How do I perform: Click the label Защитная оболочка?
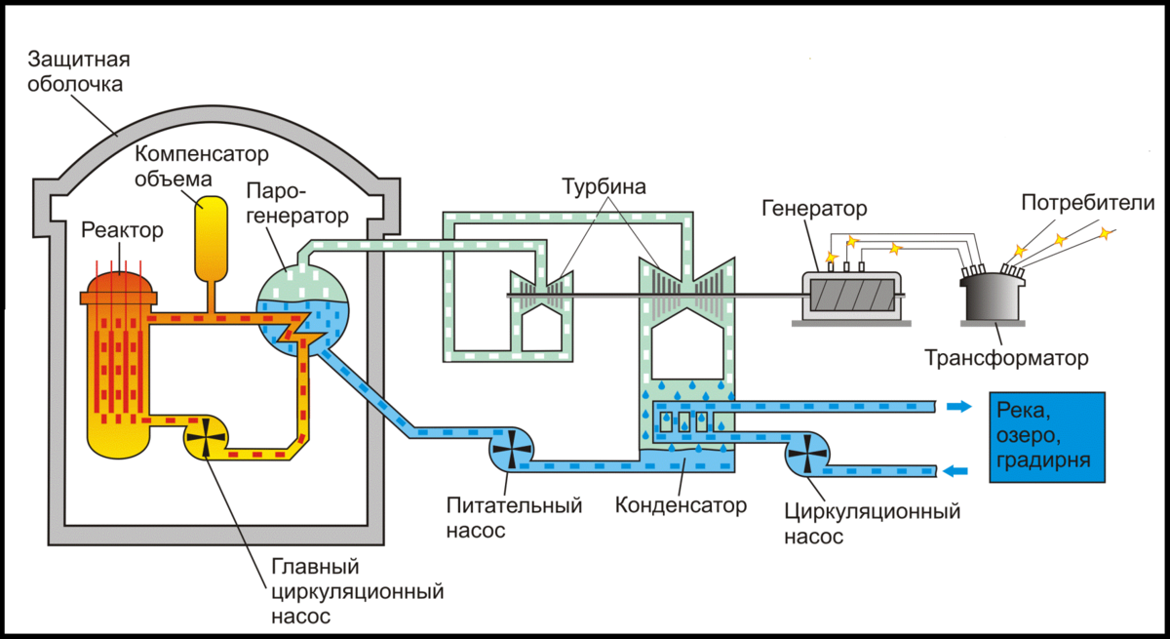click(79, 71)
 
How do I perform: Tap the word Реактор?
click(122, 230)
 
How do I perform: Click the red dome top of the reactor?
click(121, 286)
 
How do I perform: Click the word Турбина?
click(604, 185)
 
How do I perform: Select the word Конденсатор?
click(682, 505)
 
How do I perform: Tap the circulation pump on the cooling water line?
click(808, 452)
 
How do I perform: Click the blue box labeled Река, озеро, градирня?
click(1047, 437)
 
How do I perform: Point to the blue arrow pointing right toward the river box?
click(959, 407)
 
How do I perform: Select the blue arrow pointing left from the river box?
click(959, 472)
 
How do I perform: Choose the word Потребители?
click(1087, 203)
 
